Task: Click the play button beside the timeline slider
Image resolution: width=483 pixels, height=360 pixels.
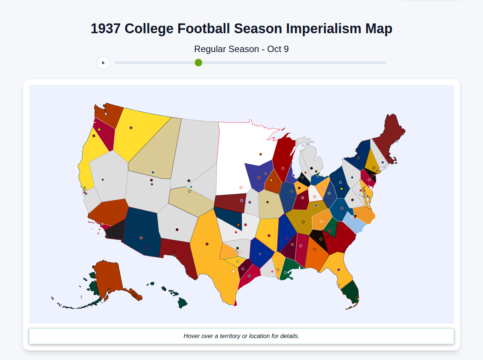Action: [103, 63]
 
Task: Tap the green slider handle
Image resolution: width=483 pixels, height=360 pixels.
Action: [198, 63]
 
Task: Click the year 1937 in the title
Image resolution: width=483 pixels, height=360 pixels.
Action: [105, 29]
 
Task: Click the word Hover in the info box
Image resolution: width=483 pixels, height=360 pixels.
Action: [192, 336]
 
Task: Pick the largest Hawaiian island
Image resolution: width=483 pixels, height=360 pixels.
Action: [182, 303]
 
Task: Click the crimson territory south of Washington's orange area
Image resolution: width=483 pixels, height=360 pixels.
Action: [105, 134]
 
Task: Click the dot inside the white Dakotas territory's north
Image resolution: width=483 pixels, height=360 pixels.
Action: [260, 154]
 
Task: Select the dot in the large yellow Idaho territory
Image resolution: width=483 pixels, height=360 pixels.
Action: [131, 128]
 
